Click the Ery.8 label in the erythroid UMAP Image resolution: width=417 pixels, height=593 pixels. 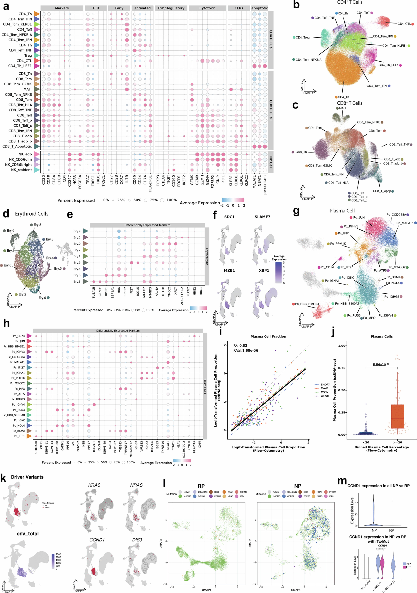pos(37,225)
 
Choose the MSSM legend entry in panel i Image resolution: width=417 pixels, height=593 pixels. pos(324,392)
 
